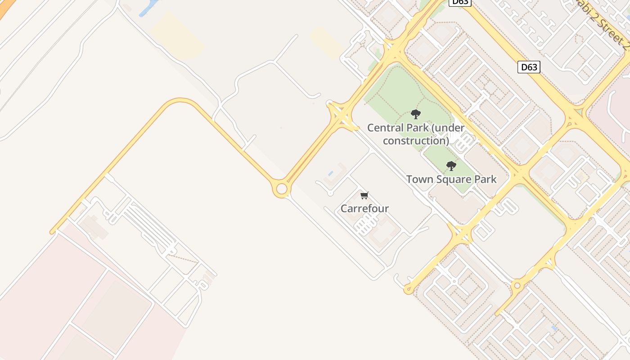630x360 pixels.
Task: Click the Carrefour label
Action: (364, 208)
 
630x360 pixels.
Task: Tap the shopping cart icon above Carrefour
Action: (364, 195)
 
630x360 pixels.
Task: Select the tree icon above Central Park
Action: (416, 114)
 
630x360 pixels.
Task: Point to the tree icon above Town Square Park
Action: (451, 166)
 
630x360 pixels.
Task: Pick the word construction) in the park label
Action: (416, 141)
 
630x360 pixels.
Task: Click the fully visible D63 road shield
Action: (528, 67)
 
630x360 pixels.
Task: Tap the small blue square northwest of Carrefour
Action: (331, 173)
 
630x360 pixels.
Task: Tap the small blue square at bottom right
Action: (554, 328)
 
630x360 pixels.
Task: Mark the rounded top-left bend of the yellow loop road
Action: (178, 101)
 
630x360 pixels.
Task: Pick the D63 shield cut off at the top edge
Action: (460, 2)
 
